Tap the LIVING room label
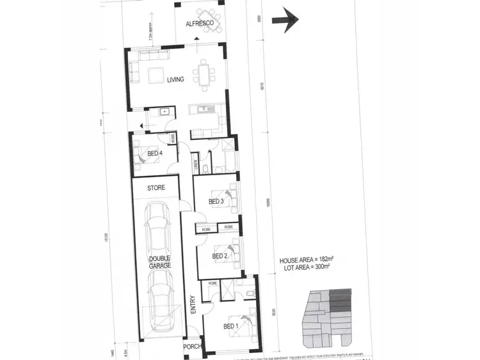tap(175, 80)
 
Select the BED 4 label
tap(155, 153)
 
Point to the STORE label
tap(156, 188)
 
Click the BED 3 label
tap(216, 202)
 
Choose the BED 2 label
tap(220, 256)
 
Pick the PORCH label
tap(192, 347)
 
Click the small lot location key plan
tap(328, 313)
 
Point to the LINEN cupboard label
tap(194, 165)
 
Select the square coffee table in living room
tap(156, 75)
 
